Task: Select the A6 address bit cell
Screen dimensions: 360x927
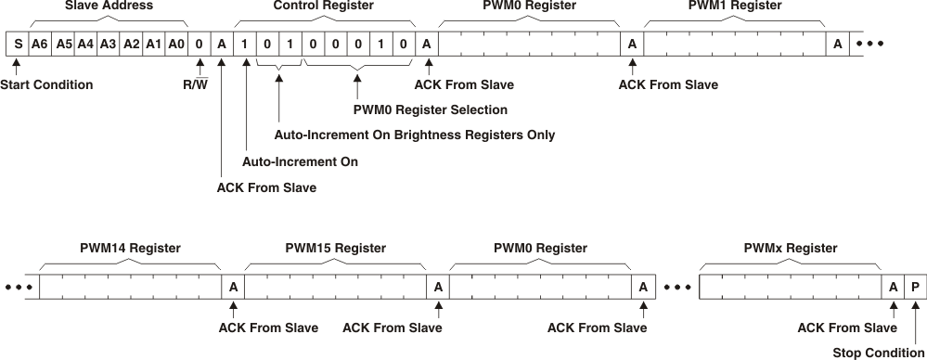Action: (x=39, y=44)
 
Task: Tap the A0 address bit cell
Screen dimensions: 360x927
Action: (x=176, y=44)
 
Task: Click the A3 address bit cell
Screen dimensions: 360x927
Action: (x=108, y=44)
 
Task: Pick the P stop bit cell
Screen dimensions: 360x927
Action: (x=915, y=288)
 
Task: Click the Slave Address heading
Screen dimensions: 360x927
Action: (x=109, y=6)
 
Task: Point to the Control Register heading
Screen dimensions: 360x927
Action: (x=324, y=6)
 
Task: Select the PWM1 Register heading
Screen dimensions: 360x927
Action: (x=735, y=6)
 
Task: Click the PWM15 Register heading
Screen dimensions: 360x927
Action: (x=335, y=249)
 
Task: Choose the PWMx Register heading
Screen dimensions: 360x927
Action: (x=791, y=249)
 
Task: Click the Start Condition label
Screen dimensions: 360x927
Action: (x=46, y=85)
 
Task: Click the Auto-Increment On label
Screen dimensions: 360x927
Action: (x=300, y=161)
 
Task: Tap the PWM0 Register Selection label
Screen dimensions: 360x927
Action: (x=423, y=110)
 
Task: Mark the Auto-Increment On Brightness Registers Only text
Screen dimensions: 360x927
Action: (x=415, y=135)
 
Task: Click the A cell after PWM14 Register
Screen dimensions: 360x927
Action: (x=233, y=288)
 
